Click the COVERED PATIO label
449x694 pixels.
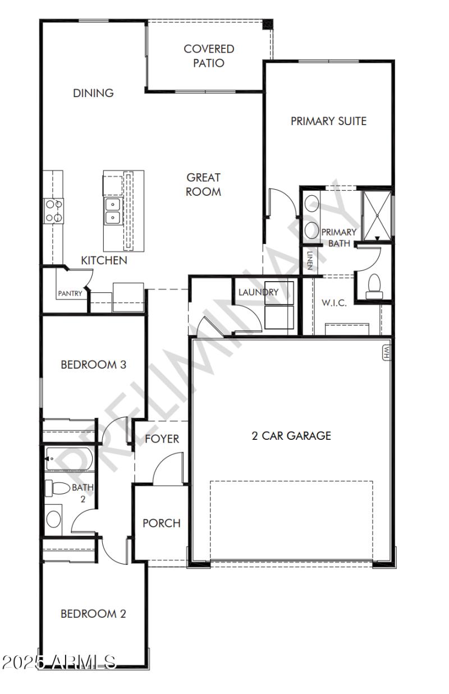(209, 56)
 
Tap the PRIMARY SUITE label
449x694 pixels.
(328, 121)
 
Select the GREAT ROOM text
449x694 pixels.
(204, 185)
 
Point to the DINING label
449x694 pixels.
(93, 93)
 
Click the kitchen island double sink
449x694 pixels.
(112, 210)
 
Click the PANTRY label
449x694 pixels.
(70, 293)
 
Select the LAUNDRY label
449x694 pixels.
(258, 292)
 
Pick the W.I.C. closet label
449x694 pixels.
(334, 303)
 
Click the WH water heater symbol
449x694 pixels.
(386, 351)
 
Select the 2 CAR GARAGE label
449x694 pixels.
(291, 435)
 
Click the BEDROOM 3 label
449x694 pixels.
(93, 365)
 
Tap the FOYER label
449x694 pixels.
(162, 439)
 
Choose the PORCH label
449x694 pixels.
(162, 523)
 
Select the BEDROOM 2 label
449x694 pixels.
(93, 614)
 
